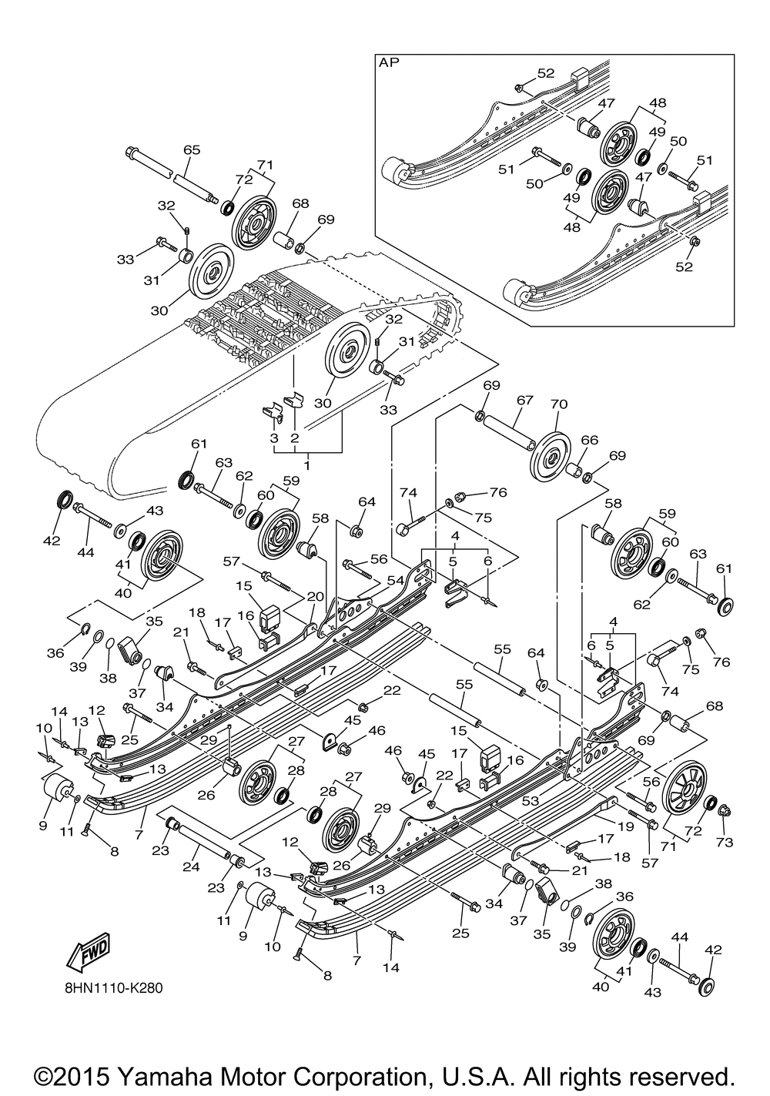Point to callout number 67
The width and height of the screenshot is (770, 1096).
[524, 401]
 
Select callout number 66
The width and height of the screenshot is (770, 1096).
[589, 440]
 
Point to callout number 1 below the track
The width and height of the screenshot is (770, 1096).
[308, 466]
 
